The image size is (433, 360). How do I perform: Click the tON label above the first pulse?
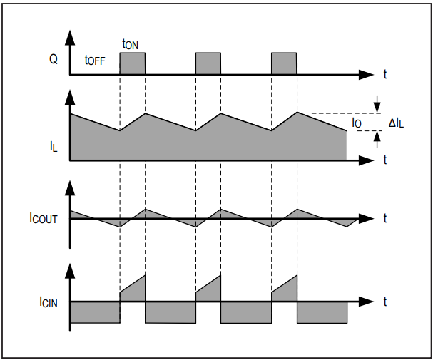pyautogui.click(x=130, y=44)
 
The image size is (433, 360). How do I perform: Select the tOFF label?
pyautogui.click(x=95, y=60)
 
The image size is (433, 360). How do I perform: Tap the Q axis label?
pyautogui.click(x=54, y=59)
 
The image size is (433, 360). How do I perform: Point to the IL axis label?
pyautogui.click(x=54, y=146)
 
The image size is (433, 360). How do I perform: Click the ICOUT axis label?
pyautogui.click(x=44, y=218)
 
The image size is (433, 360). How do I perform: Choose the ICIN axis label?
pyautogui.click(x=49, y=302)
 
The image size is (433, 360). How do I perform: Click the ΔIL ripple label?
pyautogui.click(x=396, y=123)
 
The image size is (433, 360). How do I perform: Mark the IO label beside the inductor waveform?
pyautogui.click(x=357, y=123)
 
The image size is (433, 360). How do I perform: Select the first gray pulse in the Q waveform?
pyautogui.click(x=132, y=63)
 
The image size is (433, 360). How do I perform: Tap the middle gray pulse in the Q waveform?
pyautogui.click(x=208, y=63)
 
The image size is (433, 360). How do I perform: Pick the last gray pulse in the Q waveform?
pyautogui.click(x=284, y=63)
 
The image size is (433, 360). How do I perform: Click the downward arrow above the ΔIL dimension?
pyautogui.click(x=377, y=104)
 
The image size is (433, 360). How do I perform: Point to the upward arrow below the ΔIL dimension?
pyautogui.click(x=377, y=140)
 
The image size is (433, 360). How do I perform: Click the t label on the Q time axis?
pyautogui.click(x=385, y=74)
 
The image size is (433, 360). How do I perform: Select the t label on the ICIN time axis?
pyautogui.click(x=385, y=302)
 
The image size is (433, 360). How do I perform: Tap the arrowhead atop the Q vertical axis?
pyautogui.click(x=70, y=38)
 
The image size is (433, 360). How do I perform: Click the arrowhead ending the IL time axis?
pyautogui.click(x=366, y=160)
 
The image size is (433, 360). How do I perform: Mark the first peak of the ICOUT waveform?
pyautogui.click(x=146, y=209)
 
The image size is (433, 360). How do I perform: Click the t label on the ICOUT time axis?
pyautogui.click(x=385, y=218)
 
